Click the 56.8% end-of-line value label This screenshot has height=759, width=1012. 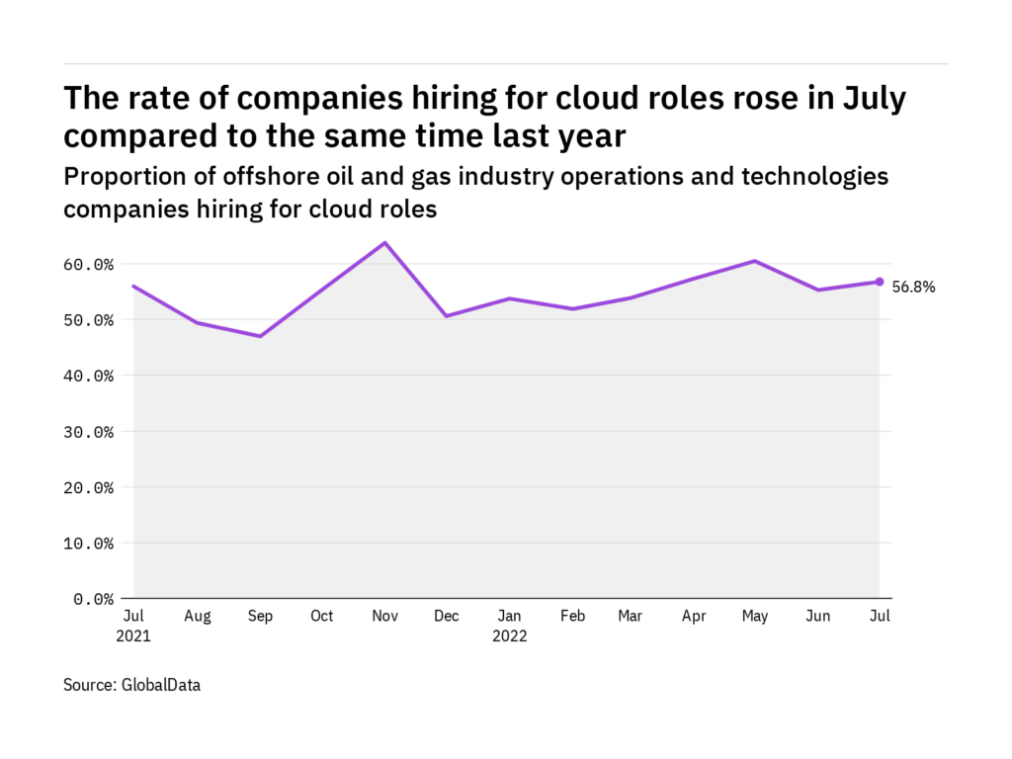tap(913, 288)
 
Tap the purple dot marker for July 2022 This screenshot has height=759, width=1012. tap(880, 282)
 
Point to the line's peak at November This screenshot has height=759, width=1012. tap(384, 242)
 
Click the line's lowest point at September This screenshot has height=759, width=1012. tap(260, 336)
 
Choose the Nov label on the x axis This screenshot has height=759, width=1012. tap(384, 617)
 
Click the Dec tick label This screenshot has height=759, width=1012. tap(447, 617)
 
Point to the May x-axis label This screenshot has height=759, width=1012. tap(755, 617)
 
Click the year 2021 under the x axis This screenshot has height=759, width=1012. tap(133, 636)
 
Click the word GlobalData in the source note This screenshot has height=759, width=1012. tap(162, 684)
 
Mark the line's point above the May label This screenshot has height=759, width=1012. tap(755, 261)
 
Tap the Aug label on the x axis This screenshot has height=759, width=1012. tap(198, 617)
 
